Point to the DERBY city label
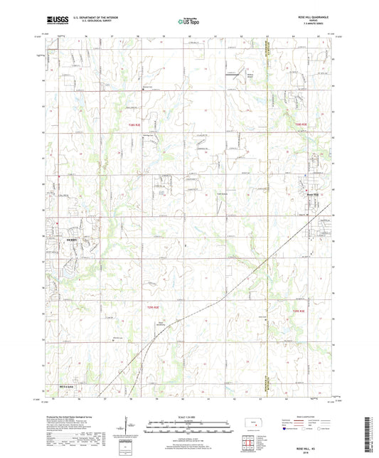70,240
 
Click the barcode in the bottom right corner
369,435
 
